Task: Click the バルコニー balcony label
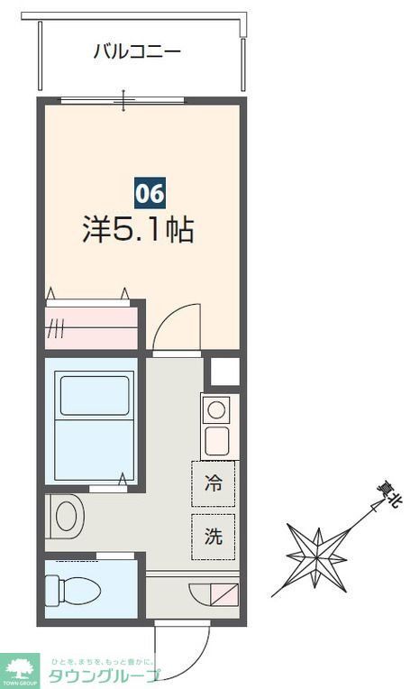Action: click(138, 51)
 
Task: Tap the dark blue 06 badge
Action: click(150, 193)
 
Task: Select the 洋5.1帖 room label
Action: click(138, 230)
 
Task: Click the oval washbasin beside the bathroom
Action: click(66, 517)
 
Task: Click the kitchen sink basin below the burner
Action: click(216, 441)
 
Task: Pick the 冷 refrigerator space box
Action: click(213, 483)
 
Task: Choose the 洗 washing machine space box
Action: click(213, 536)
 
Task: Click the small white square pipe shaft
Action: click(224, 372)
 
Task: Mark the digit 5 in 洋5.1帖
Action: click(124, 230)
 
